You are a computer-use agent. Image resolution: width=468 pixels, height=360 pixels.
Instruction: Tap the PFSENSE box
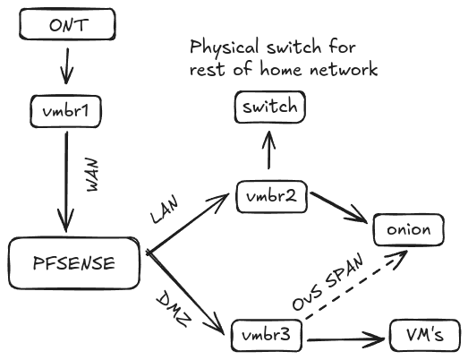click(x=75, y=262)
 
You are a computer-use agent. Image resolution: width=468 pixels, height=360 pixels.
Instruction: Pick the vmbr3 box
click(x=265, y=337)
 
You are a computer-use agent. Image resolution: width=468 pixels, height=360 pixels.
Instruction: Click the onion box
click(x=407, y=229)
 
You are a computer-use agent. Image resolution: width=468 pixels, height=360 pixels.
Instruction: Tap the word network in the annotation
click(x=344, y=69)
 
